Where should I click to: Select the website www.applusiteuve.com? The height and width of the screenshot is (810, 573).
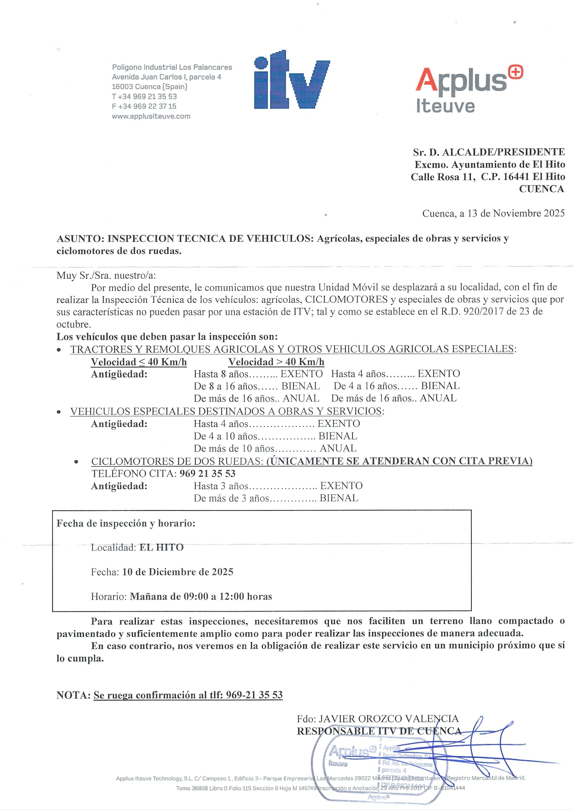click(151, 116)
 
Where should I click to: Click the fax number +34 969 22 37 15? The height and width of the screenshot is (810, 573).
click(144, 106)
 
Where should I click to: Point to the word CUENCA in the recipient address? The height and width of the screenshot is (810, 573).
click(541, 189)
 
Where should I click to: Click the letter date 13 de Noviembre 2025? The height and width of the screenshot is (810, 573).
click(516, 213)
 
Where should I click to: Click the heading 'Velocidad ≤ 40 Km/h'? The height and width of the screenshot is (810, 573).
click(139, 362)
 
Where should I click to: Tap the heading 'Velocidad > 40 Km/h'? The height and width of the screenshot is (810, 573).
click(276, 362)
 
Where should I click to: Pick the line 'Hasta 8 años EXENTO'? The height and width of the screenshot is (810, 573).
click(258, 374)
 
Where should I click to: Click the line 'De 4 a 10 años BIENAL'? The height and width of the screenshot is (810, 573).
click(275, 436)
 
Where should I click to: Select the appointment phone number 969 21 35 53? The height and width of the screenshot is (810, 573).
click(207, 474)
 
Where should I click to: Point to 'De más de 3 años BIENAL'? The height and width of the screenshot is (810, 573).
click(276, 498)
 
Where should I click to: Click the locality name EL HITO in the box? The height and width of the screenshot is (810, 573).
click(161, 547)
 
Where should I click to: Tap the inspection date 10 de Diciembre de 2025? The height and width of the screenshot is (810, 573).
click(177, 572)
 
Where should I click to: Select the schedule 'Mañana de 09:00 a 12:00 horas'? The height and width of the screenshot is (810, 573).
click(201, 596)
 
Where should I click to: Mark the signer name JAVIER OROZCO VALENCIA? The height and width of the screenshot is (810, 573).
click(389, 719)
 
